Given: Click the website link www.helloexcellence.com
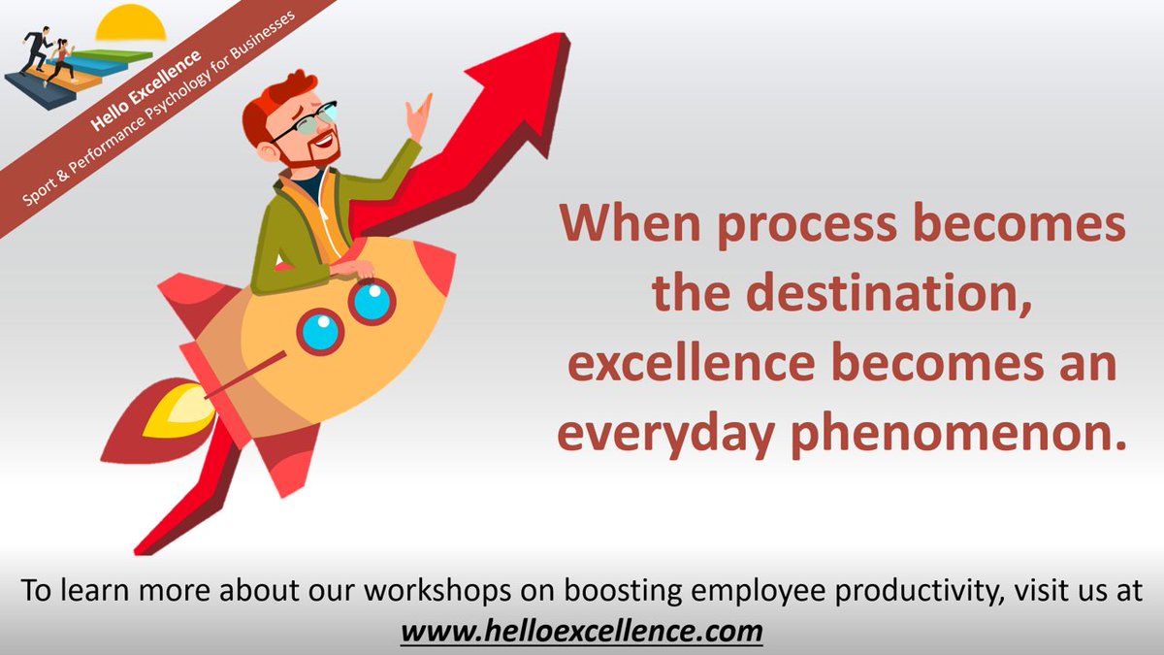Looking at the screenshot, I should click(582, 632).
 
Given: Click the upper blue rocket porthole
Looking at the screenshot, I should click(372, 301).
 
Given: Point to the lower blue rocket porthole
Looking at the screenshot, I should click(320, 332).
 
